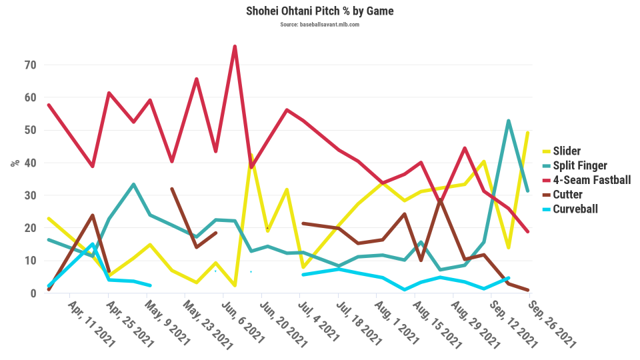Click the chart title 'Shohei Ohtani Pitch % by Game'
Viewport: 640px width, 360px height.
point(319,11)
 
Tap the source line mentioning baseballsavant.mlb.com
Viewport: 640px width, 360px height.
point(319,25)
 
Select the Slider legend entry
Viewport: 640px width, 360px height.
point(571,152)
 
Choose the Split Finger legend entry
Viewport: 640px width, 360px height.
point(583,166)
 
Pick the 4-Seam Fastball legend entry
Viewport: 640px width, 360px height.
point(591,180)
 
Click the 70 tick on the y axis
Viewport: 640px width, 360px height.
point(29,65)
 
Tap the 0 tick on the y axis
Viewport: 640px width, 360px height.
point(32,293)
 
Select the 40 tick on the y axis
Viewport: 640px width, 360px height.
point(29,163)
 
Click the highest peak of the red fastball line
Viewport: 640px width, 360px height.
point(235,47)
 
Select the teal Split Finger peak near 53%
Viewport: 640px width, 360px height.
point(509,121)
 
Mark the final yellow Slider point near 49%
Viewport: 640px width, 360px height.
point(528,133)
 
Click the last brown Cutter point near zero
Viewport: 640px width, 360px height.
point(528,290)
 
